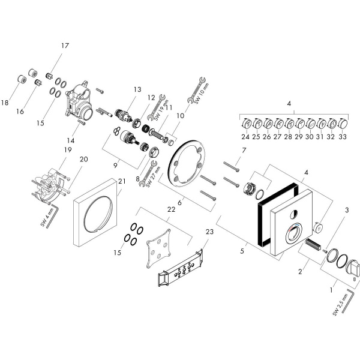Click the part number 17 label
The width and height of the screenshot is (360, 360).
65,45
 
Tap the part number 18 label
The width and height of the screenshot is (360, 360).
5,103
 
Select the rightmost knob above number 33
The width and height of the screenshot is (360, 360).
344,124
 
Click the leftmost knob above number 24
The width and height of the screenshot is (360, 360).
246,124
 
